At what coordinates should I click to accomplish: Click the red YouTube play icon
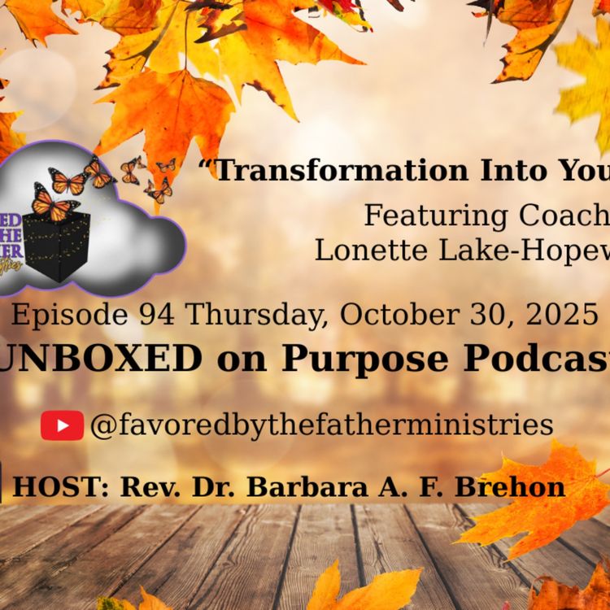point(62,425)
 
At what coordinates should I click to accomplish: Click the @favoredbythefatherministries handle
point(321,425)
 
